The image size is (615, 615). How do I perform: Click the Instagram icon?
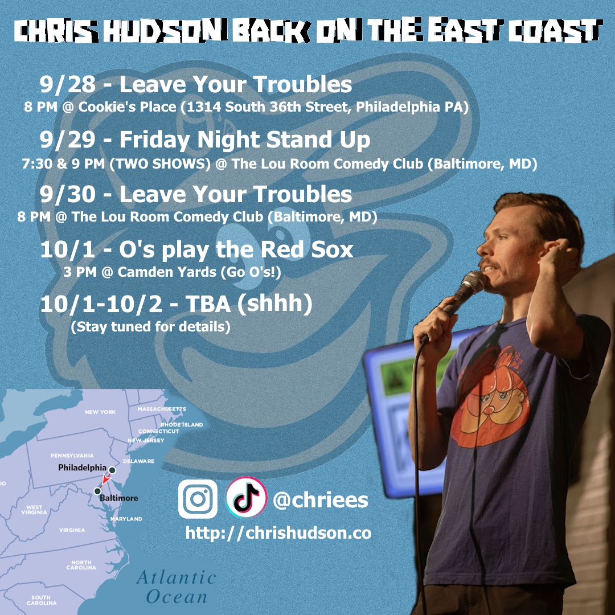click(x=198, y=499)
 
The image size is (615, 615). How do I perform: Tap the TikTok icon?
click(x=246, y=497)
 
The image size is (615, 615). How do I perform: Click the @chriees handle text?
click(x=321, y=501)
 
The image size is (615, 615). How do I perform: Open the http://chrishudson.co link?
click(x=278, y=532)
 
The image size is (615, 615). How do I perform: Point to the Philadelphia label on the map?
click(x=82, y=468)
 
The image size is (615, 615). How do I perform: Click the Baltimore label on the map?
click(x=119, y=498)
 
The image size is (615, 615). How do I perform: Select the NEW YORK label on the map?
click(x=100, y=412)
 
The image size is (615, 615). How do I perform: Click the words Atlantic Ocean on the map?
click(x=176, y=587)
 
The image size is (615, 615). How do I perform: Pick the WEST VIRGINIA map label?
click(x=34, y=510)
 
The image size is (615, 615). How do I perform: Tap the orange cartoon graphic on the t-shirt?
click(x=490, y=396)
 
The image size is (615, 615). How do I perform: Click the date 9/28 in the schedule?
click(x=67, y=84)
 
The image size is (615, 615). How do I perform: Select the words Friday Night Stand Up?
click(x=245, y=140)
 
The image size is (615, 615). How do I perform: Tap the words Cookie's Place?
click(x=127, y=107)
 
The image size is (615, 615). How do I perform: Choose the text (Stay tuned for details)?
click(x=150, y=327)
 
